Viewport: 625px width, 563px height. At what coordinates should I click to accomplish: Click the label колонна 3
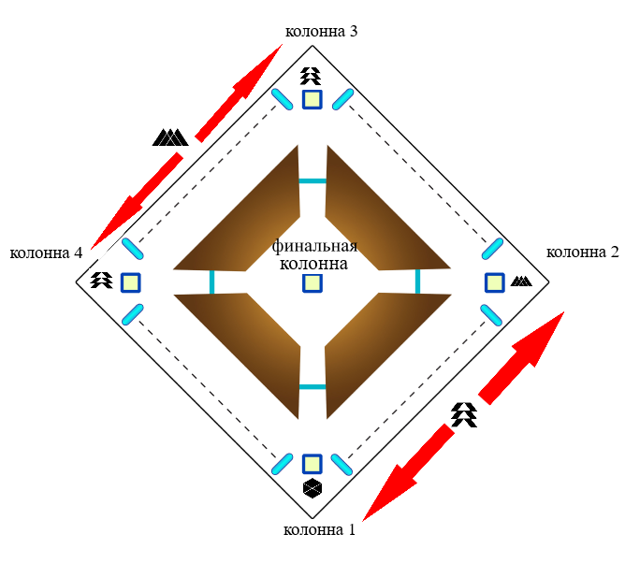pos(321,31)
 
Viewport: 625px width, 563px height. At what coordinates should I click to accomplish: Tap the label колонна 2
pos(582,252)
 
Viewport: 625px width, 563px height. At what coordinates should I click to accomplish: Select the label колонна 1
pos(319,530)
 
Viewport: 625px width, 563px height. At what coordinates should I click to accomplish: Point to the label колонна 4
pos(46,253)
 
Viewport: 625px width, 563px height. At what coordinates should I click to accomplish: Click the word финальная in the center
pos(315,246)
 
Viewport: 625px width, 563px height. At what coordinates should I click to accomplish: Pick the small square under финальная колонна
pos(312,281)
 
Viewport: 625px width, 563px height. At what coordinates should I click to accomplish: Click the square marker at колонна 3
pos(312,99)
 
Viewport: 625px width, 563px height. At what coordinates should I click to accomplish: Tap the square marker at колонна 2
pos(495,281)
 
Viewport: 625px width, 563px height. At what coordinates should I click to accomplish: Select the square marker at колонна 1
pos(312,464)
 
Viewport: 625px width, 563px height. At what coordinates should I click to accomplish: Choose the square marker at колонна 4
pos(131,281)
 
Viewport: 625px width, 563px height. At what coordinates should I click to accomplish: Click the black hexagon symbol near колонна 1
pos(312,488)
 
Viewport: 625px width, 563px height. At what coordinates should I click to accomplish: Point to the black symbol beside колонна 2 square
pos(521,281)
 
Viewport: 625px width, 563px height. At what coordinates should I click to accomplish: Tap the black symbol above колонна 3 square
pos(312,76)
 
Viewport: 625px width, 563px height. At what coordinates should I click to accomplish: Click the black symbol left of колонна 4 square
pos(101,279)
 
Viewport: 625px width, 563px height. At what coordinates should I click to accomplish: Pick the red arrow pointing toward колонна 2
pos(524,355)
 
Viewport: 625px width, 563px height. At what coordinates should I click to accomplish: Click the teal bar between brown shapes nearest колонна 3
pos(312,180)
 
